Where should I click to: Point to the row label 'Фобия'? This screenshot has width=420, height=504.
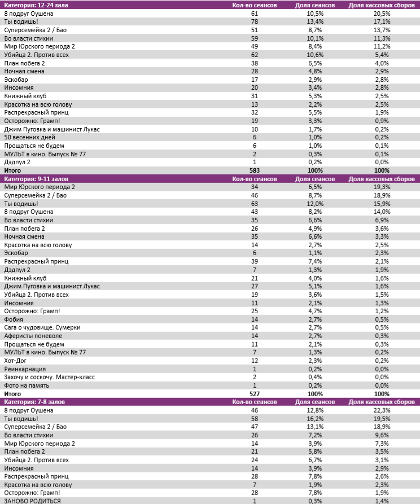13,319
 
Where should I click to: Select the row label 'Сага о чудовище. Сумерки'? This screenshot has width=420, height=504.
42,327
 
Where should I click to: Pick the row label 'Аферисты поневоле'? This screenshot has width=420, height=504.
33,336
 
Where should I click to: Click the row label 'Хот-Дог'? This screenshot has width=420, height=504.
16,360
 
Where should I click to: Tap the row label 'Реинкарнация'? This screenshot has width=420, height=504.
24,369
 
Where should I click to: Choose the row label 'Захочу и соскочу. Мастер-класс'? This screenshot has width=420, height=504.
50,377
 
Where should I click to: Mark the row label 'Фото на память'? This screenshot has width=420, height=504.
27,385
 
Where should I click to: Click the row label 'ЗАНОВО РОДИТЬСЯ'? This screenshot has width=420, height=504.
32,501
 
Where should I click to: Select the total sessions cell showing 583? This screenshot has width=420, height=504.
255,170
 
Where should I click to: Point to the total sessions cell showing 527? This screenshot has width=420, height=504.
255,394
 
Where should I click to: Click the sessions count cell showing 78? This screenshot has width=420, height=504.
255,21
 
